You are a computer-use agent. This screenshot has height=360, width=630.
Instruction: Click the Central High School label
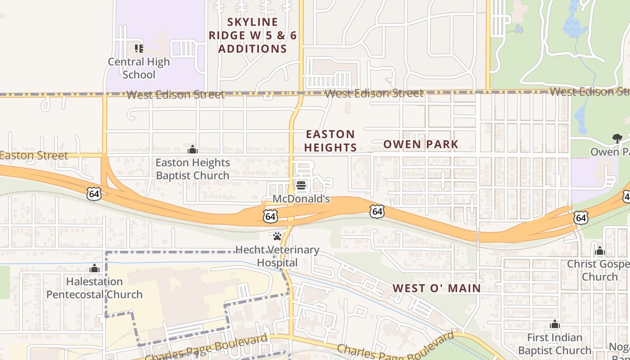pos(139,68)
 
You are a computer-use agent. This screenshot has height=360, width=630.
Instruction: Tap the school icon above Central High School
pos(139,48)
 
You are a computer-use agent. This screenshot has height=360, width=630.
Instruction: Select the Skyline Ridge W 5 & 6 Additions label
pos(252,36)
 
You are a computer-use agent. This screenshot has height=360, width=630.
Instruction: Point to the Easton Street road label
pos(34,156)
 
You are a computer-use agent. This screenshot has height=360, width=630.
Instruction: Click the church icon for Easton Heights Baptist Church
pos(193,149)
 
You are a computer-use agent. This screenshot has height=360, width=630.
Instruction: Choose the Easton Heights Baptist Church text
pos(193,169)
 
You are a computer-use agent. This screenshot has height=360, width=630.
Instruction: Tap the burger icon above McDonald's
pos(301,185)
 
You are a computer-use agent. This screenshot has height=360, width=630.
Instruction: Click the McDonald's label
pos(301,199)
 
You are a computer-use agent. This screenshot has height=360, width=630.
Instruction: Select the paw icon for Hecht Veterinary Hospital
pos(277,236)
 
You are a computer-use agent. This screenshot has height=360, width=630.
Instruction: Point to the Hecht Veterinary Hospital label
pos(277,256)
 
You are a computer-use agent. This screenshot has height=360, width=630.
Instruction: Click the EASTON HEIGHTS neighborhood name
pos(331,141)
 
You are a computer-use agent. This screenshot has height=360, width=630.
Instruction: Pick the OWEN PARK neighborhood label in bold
pos(421,144)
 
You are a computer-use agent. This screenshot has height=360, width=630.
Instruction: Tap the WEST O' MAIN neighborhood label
pos(436,288)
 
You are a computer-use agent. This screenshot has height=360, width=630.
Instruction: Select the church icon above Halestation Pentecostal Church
pos(94,269)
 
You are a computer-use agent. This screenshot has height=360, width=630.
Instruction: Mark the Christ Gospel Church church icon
pos(599,251)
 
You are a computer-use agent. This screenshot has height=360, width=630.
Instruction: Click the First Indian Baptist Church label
pos(554,344)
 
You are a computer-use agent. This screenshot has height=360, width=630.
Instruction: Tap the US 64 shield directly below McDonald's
pos(270,216)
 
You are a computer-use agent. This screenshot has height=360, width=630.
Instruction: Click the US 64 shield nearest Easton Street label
pos(94,194)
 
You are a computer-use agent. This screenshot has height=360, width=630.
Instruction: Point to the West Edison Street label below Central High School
pos(175,95)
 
